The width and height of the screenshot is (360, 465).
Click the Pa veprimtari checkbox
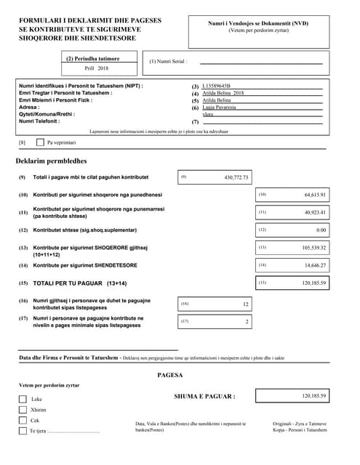coord(40,142)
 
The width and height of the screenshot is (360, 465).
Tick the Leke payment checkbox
coord(23,399)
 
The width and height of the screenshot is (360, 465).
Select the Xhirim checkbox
coord(23,410)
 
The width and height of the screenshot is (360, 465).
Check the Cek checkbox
coord(23,420)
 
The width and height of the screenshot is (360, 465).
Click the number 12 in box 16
coord(245,304)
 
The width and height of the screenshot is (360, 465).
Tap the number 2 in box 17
coord(247,321)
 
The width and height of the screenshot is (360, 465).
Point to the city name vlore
coord(208,115)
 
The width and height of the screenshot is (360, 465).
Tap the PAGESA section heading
coord(170,376)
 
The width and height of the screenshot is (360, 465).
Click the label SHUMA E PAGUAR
coord(204,396)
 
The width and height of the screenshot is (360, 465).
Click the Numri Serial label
coord(168,62)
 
